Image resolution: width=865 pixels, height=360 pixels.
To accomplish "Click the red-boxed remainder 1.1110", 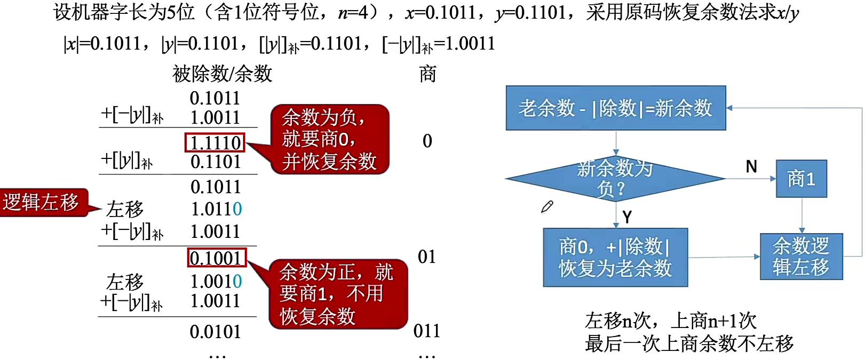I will click(x=215, y=142).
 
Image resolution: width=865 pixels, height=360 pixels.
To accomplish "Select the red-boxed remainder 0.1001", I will click(x=217, y=258).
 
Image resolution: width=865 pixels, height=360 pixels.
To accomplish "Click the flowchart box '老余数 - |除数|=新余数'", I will click(x=615, y=108).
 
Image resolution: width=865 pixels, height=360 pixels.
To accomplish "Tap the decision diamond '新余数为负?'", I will click(x=615, y=179).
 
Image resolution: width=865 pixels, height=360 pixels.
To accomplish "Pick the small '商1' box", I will click(x=801, y=179).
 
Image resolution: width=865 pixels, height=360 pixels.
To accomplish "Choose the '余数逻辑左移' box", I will click(x=801, y=257).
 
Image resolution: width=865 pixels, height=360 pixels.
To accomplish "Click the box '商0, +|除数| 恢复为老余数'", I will click(x=615, y=258).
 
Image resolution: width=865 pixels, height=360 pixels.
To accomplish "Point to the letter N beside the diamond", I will click(x=751, y=167).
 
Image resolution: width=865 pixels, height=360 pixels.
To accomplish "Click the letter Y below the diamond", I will click(x=627, y=217).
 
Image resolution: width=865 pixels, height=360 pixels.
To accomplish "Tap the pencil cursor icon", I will click(x=547, y=207).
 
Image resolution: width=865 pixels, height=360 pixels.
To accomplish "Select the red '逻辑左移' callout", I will click(x=42, y=202).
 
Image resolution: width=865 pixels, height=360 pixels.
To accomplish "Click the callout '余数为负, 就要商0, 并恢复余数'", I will click(x=330, y=139).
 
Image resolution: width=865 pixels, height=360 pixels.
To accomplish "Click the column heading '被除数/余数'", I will click(x=222, y=74).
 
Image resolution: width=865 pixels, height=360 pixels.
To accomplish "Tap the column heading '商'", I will click(x=427, y=74).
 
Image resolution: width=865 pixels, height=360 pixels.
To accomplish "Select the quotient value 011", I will click(x=427, y=331).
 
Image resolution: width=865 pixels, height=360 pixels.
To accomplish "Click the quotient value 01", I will click(x=427, y=257).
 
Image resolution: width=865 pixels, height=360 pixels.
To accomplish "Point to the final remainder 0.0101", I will click(x=216, y=332).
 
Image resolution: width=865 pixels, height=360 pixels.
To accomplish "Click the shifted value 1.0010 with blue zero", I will click(x=216, y=281).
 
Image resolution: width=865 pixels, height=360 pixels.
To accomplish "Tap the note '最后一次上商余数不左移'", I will click(x=689, y=344).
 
